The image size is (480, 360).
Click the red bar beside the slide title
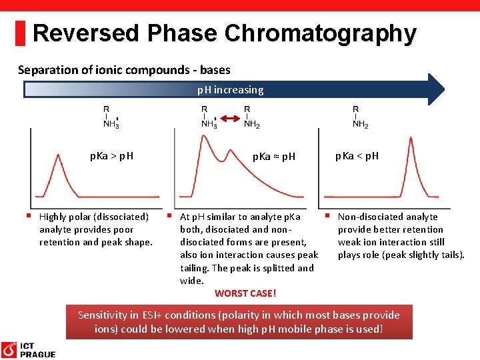tap(20, 33)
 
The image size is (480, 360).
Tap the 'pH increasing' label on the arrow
tap(230, 89)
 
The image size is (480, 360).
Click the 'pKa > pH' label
tap(111, 156)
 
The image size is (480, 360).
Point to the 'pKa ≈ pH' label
tap(274, 157)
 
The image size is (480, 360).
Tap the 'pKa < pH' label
tap(357, 156)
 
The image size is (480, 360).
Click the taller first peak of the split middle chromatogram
tap(201, 136)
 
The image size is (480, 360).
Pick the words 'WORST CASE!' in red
tap(245, 293)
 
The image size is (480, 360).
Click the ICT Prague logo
tap(28, 349)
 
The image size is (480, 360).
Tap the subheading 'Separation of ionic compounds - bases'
tap(124, 69)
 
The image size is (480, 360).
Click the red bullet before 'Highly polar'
tap(29, 215)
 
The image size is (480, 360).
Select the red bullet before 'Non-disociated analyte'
tap(327, 215)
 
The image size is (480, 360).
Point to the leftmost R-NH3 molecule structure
tap(111, 117)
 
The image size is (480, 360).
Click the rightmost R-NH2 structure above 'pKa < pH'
tap(359, 117)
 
